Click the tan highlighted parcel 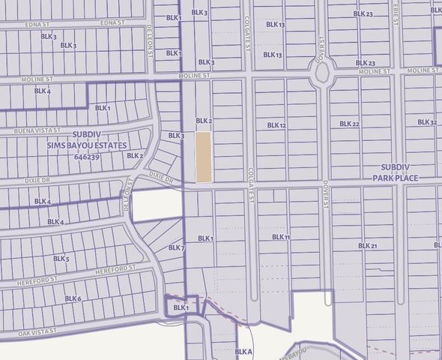[204, 157]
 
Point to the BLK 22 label [350, 124]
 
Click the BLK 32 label [427, 122]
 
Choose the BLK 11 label [281, 237]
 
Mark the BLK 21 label [367, 245]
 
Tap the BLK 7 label [177, 247]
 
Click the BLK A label [243, 351]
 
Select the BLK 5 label [61, 259]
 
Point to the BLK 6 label [73, 298]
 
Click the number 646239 [88, 157]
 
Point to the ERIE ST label [394, 13]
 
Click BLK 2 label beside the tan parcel [205, 121]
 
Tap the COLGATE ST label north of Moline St [248, 31]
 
